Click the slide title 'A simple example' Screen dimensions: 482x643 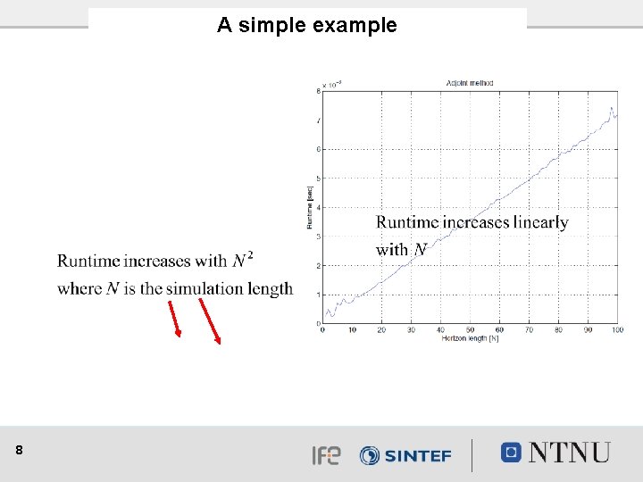click(306, 25)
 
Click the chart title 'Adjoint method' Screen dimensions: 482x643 click(469, 83)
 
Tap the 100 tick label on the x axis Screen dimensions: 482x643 click(617, 330)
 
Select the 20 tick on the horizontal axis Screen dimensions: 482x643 click(381, 330)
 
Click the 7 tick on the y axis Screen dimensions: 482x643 click(319, 120)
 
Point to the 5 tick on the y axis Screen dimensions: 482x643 click(319, 179)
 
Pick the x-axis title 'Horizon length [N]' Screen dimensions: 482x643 click(469, 338)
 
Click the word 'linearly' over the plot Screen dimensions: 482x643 click(539, 222)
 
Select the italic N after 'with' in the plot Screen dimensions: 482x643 click(420, 250)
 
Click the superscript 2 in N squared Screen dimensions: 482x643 click(250, 256)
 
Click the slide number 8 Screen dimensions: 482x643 click(20, 452)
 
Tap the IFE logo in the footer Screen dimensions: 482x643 click(326, 455)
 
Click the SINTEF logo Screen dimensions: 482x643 click(405, 455)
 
